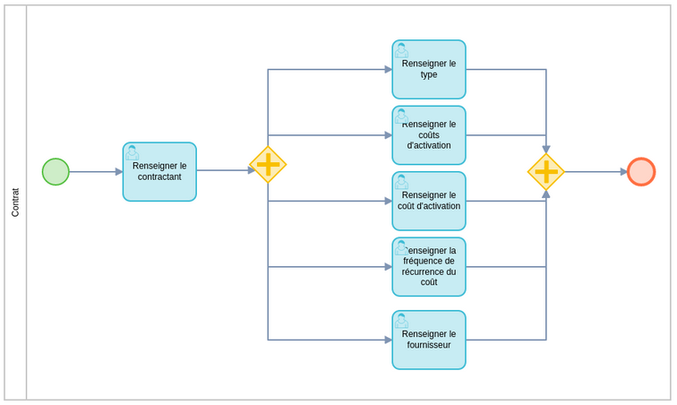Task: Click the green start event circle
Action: tap(56, 172)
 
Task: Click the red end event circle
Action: tap(641, 172)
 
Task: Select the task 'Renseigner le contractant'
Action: tap(159, 172)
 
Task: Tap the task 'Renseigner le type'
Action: tap(429, 70)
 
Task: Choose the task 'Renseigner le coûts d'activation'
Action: tap(429, 135)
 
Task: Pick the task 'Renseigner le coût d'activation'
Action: tap(429, 201)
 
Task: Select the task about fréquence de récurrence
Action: tap(429, 267)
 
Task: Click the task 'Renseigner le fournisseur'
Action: tap(429, 340)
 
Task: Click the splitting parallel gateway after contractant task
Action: tap(268, 165)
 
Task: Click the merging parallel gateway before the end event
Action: tap(546, 172)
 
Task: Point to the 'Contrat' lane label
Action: tap(15, 202)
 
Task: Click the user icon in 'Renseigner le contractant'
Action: tap(133, 152)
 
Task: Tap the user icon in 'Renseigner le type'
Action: tap(401, 50)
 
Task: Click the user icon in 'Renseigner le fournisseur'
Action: tap(401, 321)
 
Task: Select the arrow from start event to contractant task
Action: tap(94, 172)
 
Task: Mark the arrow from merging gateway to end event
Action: tap(596, 172)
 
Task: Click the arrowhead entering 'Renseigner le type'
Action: tap(388, 70)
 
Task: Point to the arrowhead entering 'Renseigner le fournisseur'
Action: tap(388, 340)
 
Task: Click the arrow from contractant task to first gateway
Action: tap(224, 170)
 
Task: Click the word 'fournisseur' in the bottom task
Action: tap(429, 345)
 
